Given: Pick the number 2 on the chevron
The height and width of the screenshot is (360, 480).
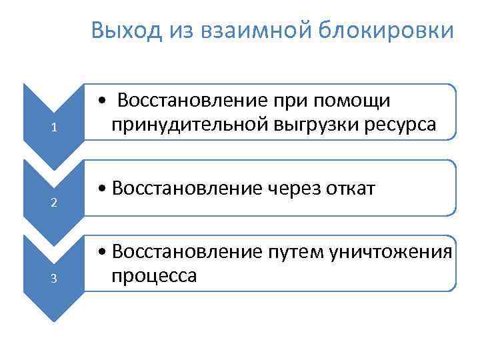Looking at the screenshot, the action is tap(54, 203).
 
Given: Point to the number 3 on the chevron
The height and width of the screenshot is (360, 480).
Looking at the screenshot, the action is tap(54, 279).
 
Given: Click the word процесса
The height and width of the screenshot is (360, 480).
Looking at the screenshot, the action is tap(154, 275).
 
